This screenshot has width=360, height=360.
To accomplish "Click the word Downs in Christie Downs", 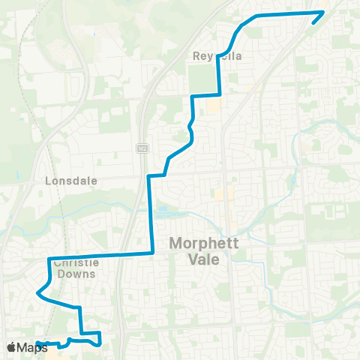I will tap(77, 274).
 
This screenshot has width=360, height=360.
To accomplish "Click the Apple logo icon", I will tap(11, 347).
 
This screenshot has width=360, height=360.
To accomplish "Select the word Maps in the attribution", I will tap(32, 347).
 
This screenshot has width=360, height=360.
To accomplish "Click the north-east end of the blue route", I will tap(323, 12).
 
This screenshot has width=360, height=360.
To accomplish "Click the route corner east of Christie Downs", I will tap(154, 253).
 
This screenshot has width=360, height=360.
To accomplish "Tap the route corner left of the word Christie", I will tap(49, 259).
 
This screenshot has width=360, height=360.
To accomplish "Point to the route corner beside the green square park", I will tap(218, 94).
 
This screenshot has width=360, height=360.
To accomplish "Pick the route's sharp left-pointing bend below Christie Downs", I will tap(37, 292).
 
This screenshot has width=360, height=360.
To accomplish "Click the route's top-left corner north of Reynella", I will tap(256, 16).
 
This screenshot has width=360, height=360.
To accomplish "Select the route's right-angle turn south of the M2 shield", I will tap(148, 176).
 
